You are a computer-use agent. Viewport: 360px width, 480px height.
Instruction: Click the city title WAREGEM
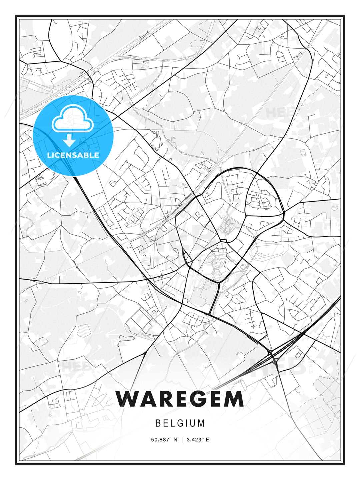[180, 399]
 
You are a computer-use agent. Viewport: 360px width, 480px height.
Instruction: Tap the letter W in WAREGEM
[128, 399]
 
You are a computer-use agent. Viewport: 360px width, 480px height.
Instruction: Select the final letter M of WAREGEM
[233, 399]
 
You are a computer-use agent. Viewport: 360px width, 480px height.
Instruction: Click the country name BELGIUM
[180, 423]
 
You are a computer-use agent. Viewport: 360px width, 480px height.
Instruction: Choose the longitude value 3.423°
[196, 440]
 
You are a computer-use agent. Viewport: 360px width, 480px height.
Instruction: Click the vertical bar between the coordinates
[182, 440]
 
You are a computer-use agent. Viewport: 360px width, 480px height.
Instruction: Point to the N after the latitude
[176, 440]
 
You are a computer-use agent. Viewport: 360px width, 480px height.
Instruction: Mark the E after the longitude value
[207, 440]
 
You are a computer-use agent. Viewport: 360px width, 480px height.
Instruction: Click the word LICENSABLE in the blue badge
[73, 155]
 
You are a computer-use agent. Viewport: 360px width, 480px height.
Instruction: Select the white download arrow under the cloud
[69, 141]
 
